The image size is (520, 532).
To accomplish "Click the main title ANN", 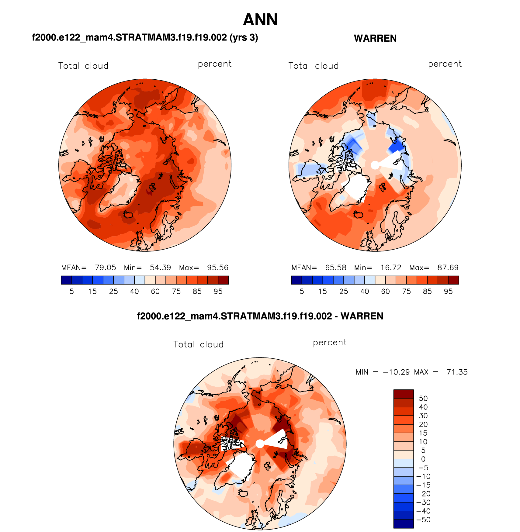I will click(260, 20).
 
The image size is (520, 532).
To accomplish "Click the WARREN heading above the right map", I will click(375, 38).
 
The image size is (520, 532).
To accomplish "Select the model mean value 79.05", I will click(105, 268).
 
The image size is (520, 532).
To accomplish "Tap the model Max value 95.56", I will click(217, 268).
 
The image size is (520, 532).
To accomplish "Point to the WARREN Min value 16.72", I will click(391, 268).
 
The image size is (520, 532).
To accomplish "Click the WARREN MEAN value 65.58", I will click(335, 268).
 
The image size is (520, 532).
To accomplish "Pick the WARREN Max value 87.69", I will click(448, 268).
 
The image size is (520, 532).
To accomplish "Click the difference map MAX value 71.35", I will click(457, 372).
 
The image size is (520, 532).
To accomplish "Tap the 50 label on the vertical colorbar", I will click(423, 399).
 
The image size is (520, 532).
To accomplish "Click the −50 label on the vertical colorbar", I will click(423, 520).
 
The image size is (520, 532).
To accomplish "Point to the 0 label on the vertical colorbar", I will click(423, 459).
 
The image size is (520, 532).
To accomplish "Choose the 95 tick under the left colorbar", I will click(218, 292).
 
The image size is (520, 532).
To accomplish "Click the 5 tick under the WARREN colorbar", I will click(302, 292).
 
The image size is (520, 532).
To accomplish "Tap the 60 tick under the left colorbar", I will click(155, 292).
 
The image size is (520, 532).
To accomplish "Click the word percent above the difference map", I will click(330, 343).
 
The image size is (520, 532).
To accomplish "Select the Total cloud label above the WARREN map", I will click(314, 66).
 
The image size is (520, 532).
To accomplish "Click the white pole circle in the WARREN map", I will click(375, 165).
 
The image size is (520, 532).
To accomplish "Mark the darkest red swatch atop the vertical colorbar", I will click(404, 394).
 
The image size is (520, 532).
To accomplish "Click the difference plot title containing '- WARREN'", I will click(260, 316).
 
